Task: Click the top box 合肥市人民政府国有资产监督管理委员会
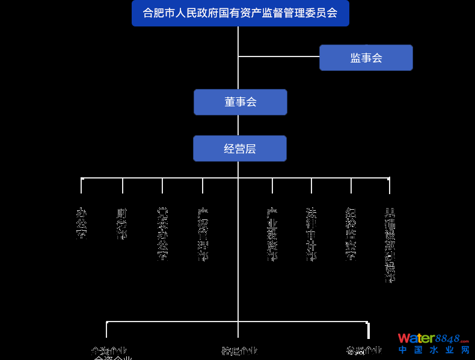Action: [240, 13]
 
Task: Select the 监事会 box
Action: [366, 58]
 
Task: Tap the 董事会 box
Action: [240, 102]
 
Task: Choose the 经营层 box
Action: [239, 148]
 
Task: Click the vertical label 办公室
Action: [81, 223]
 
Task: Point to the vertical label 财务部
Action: [122, 224]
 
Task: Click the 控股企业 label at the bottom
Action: [239, 351]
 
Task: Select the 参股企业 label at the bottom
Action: [364, 351]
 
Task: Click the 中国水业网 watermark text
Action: [433, 350]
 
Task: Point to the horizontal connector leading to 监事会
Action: [278, 56]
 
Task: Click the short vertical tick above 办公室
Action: [81, 186]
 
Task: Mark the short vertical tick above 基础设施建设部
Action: [390, 186]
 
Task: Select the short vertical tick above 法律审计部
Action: [311, 186]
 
